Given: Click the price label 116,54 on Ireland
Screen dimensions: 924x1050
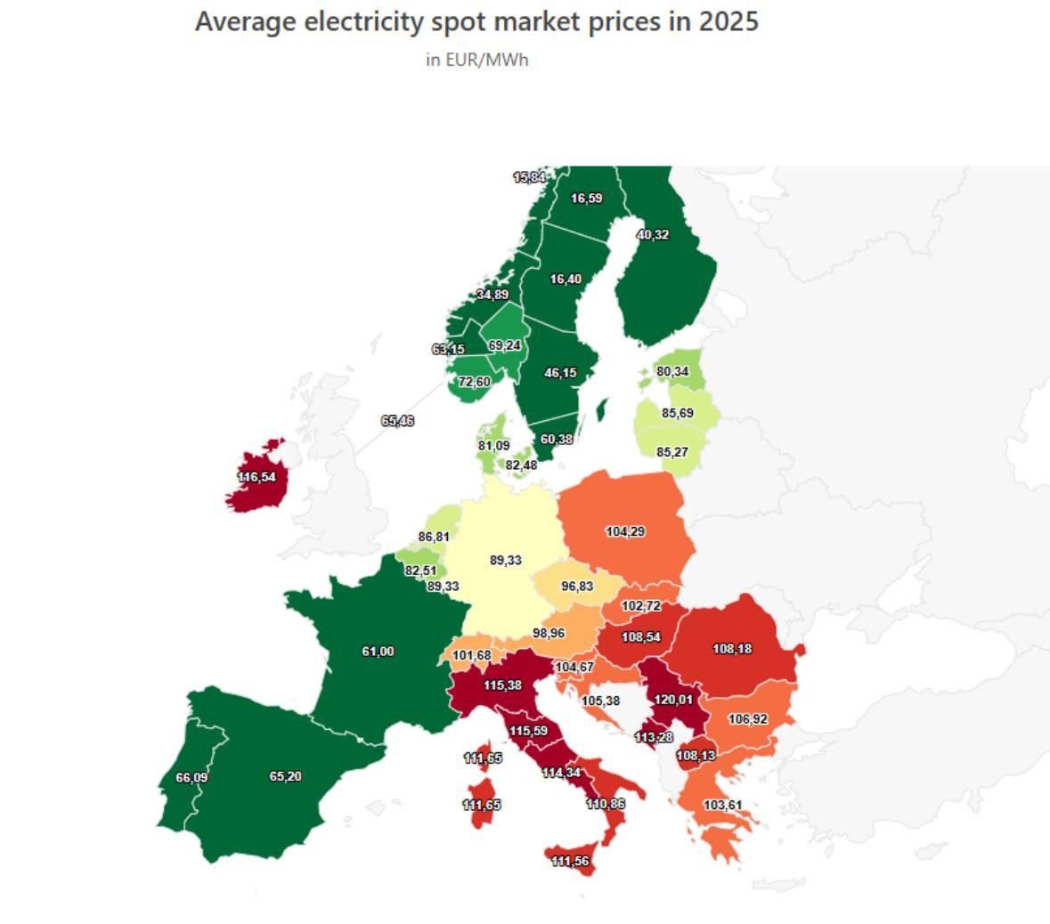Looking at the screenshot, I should [x=256, y=477].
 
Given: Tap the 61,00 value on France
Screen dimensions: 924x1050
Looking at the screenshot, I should [x=378, y=652].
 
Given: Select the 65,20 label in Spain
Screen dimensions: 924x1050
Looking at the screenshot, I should [x=285, y=776].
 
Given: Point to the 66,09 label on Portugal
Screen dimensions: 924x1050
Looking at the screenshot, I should [x=191, y=778].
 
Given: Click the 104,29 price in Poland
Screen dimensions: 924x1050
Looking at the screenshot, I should [x=625, y=531].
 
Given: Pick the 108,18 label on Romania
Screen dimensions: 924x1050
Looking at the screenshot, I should [x=732, y=649].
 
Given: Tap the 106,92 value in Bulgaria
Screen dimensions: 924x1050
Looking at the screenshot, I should [x=748, y=719].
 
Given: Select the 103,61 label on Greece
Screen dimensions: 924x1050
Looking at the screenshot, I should [x=722, y=805].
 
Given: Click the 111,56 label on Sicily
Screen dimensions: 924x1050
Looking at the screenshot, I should [x=570, y=861].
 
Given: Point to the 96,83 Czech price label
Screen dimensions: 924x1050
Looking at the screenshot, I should [x=577, y=587].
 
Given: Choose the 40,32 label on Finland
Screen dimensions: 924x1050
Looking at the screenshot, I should [x=653, y=235].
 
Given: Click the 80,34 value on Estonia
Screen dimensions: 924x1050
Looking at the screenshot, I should [x=672, y=371].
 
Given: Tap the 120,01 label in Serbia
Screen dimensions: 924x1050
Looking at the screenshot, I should [x=673, y=700].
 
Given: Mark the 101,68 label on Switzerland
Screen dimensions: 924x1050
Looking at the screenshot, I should [x=471, y=656].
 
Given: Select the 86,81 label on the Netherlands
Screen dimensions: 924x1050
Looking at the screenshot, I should [x=434, y=537].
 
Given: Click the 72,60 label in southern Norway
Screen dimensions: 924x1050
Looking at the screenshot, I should [x=475, y=382].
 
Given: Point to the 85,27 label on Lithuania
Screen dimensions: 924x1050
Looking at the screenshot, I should [x=672, y=452].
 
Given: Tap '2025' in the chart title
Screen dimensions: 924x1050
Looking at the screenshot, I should [x=728, y=21].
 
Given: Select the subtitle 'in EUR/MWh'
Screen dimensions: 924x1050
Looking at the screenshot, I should [x=477, y=60].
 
